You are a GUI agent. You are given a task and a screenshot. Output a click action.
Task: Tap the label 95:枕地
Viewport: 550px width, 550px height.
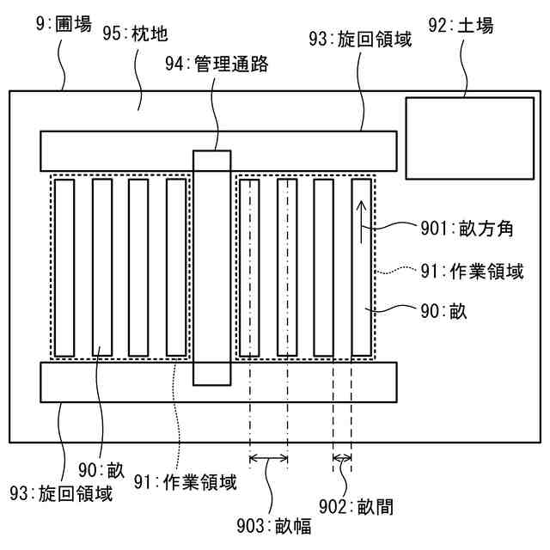pos(135,34)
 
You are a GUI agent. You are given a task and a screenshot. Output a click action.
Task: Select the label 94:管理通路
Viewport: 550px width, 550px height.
pos(219,64)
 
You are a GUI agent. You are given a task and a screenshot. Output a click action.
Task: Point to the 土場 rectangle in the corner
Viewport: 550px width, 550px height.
pos(468,137)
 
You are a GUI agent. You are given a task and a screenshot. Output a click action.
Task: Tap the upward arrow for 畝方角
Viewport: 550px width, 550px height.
pos(362,219)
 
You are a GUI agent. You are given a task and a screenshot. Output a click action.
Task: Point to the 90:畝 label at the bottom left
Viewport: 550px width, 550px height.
pos(101,469)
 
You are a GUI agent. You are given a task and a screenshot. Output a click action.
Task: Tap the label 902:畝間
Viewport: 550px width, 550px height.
pos(362,507)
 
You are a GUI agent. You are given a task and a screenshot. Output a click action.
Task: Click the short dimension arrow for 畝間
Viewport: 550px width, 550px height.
pos(343,458)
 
